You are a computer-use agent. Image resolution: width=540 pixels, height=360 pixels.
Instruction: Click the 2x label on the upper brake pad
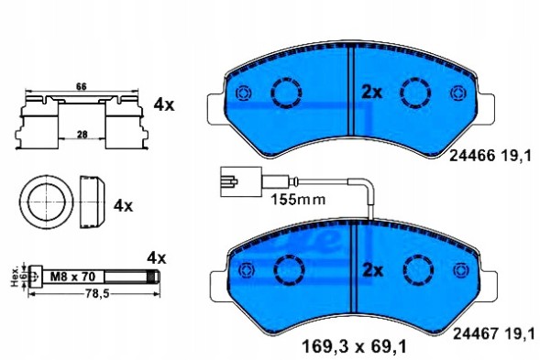[x=370, y=92]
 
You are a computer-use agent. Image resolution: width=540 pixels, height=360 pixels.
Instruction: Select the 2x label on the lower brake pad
[x=370, y=269]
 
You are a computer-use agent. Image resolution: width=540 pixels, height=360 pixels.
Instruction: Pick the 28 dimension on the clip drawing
[x=83, y=133]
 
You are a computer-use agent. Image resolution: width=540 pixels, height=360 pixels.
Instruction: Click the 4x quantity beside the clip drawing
[x=164, y=105]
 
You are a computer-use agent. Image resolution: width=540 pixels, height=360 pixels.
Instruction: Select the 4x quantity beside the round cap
[x=123, y=206]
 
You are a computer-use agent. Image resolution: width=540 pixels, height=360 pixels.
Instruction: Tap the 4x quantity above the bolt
[x=157, y=257]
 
